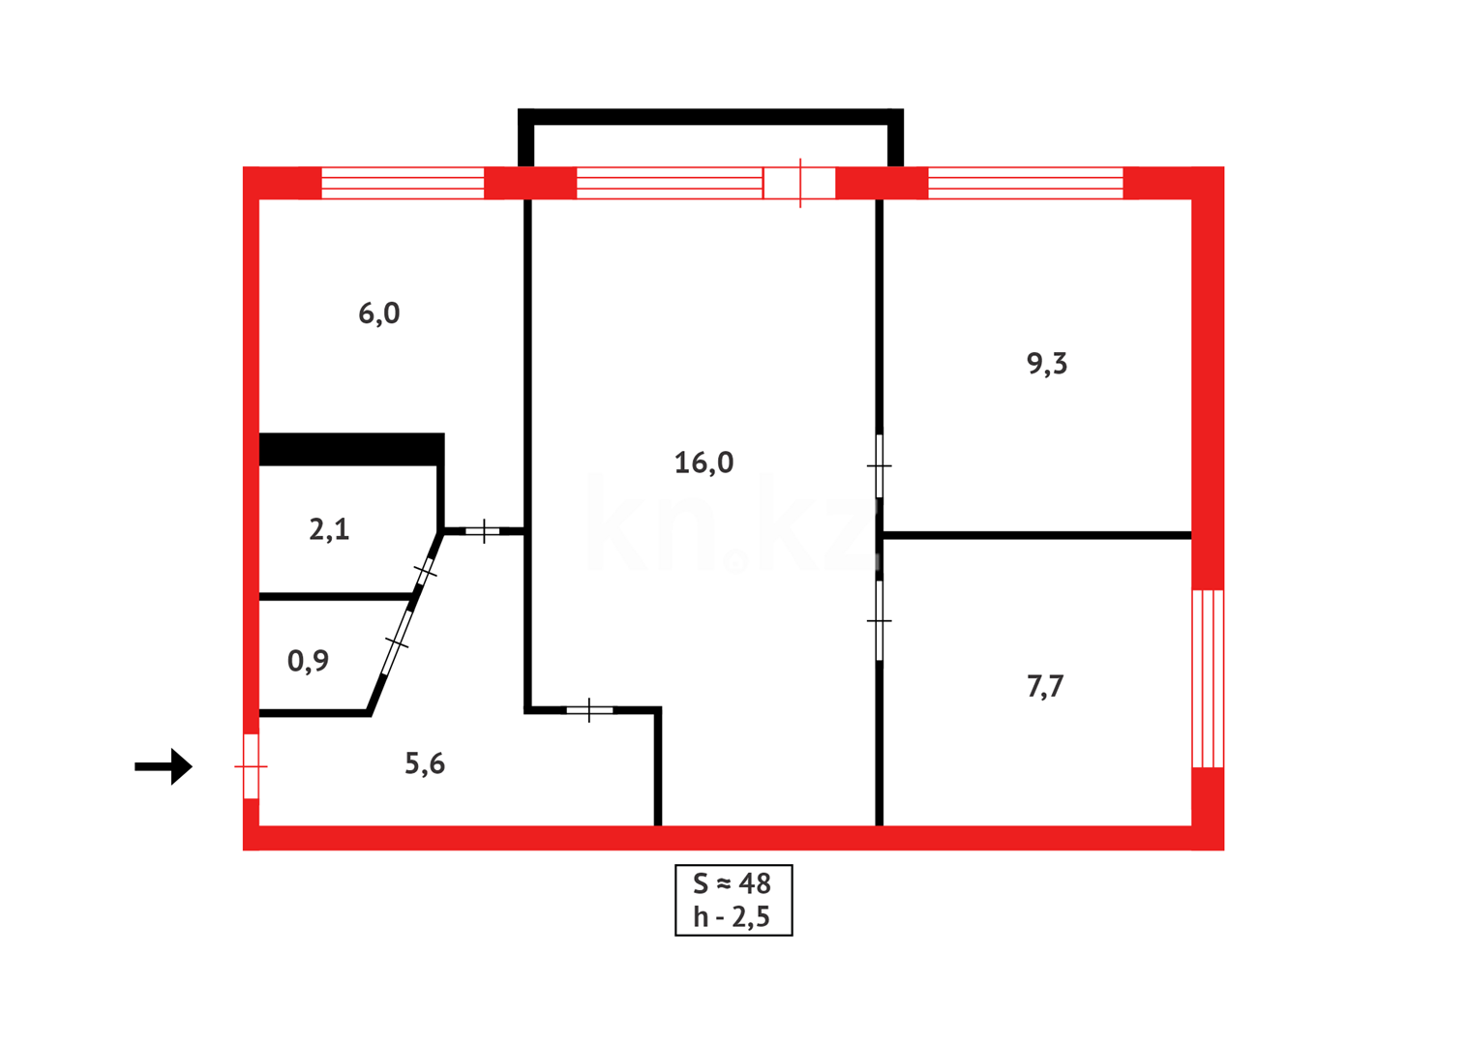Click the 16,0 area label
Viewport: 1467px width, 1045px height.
pyautogui.click(x=704, y=463)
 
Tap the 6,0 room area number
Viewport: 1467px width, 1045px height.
pyautogui.click(x=378, y=313)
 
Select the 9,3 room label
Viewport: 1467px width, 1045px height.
pyautogui.click(x=1046, y=364)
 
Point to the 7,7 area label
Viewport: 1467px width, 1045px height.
pyautogui.click(x=1044, y=687)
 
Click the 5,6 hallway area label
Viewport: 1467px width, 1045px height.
pyautogui.click(x=424, y=764)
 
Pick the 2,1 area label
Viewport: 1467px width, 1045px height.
pyautogui.click(x=329, y=530)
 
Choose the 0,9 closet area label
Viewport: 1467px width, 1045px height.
pyautogui.click(x=308, y=661)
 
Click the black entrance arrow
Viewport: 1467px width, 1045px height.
pyautogui.click(x=164, y=766)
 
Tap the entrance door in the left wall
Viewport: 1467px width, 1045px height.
pyautogui.click(x=251, y=766)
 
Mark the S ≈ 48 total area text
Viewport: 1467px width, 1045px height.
pyautogui.click(x=733, y=883)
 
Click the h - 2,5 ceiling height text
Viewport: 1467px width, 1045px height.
pyautogui.click(x=733, y=917)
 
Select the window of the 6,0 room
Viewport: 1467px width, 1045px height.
pyautogui.click(x=403, y=183)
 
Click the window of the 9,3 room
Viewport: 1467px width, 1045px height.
pyautogui.click(x=1025, y=183)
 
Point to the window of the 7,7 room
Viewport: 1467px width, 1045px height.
pyautogui.click(x=1208, y=678)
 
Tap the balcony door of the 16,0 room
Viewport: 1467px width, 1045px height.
pyautogui.click(x=799, y=183)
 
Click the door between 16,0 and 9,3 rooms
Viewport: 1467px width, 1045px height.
pyautogui.click(x=879, y=466)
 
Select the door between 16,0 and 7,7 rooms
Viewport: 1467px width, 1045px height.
pyautogui.click(x=879, y=620)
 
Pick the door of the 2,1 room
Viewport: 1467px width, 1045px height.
pyautogui.click(x=425, y=572)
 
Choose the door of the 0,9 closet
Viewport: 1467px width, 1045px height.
pyautogui.click(x=397, y=642)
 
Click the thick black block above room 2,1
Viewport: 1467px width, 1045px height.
pyautogui.click(x=351, y=449)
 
